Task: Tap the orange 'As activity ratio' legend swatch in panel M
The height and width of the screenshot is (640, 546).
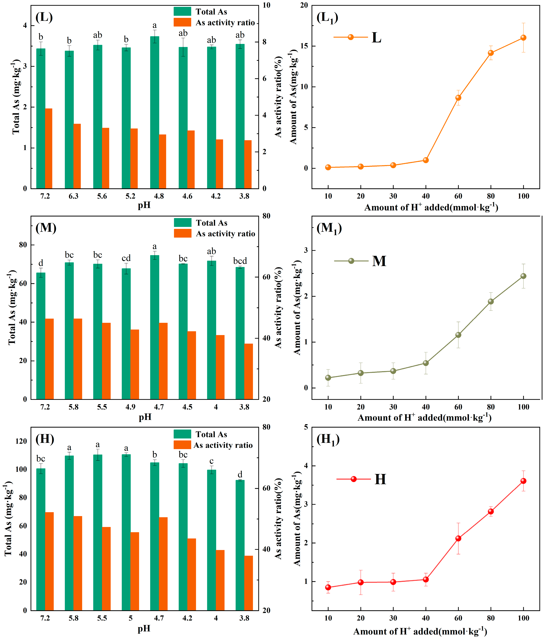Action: coord(182,233)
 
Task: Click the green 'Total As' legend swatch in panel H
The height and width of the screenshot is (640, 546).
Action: coord(182,434)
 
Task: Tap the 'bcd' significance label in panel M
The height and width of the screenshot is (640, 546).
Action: coord(240,261)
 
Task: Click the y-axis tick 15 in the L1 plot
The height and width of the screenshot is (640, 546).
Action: coord(304,46)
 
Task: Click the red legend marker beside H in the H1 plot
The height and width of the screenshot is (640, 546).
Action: coord(354,479)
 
